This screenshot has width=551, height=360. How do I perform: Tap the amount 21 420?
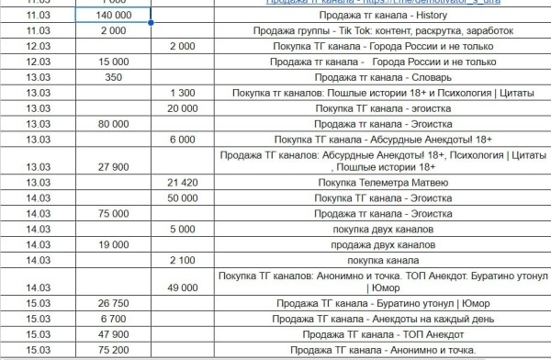point(183,184)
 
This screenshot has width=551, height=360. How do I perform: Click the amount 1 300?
point(183,93)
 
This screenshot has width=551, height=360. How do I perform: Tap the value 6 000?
point(183,140)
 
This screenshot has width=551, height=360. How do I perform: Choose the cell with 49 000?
point(183,288)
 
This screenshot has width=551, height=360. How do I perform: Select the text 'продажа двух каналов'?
point(384,244)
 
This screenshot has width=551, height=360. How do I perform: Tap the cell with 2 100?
point(183,260)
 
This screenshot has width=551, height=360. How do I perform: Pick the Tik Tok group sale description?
point(384,30)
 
